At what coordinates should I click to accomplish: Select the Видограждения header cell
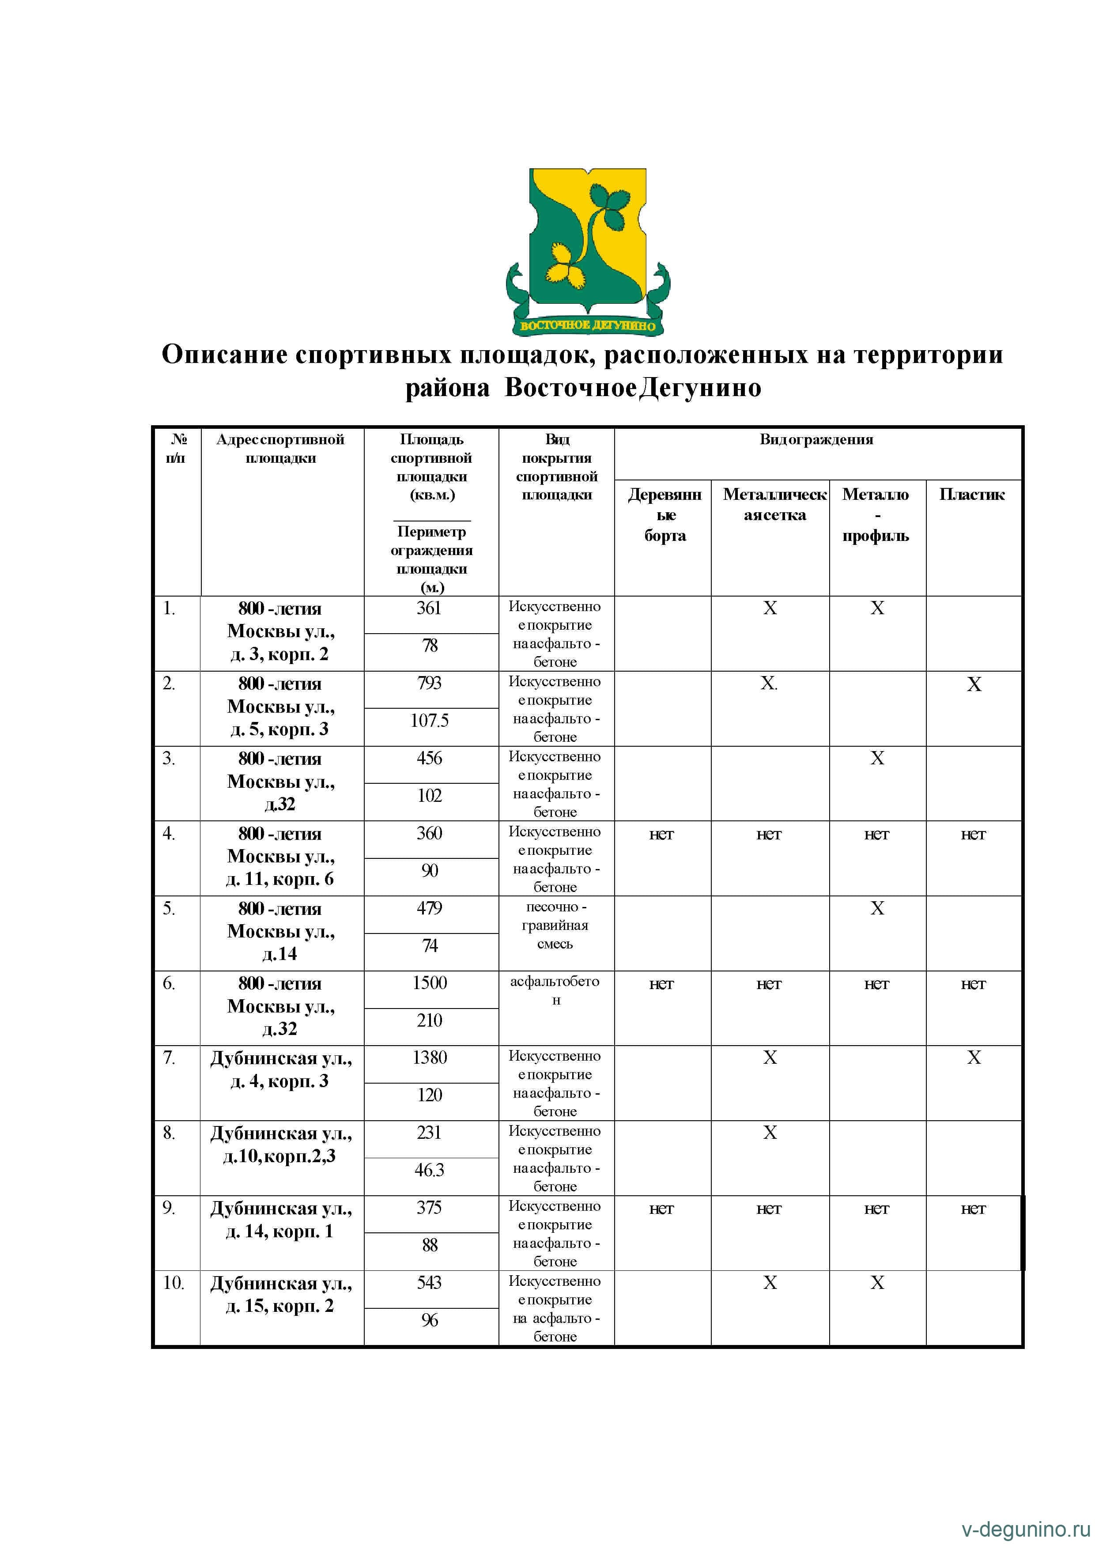tap(816, 440)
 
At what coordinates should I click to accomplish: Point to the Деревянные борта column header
tap(665, 515)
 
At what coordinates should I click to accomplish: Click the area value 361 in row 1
tap(429, 608)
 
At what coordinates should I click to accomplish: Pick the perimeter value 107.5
tap(430, 721)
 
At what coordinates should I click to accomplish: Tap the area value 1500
tap(430, 983)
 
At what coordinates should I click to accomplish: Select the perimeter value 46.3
tap(430, 1170)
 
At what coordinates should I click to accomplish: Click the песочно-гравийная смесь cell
tap(555, 925)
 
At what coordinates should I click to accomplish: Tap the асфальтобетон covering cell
tap(555, 990)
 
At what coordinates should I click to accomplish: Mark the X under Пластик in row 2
tap(974, 685)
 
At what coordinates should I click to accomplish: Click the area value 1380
tap(430, 1058)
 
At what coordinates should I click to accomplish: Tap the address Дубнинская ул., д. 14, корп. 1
tap(281, 1219)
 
